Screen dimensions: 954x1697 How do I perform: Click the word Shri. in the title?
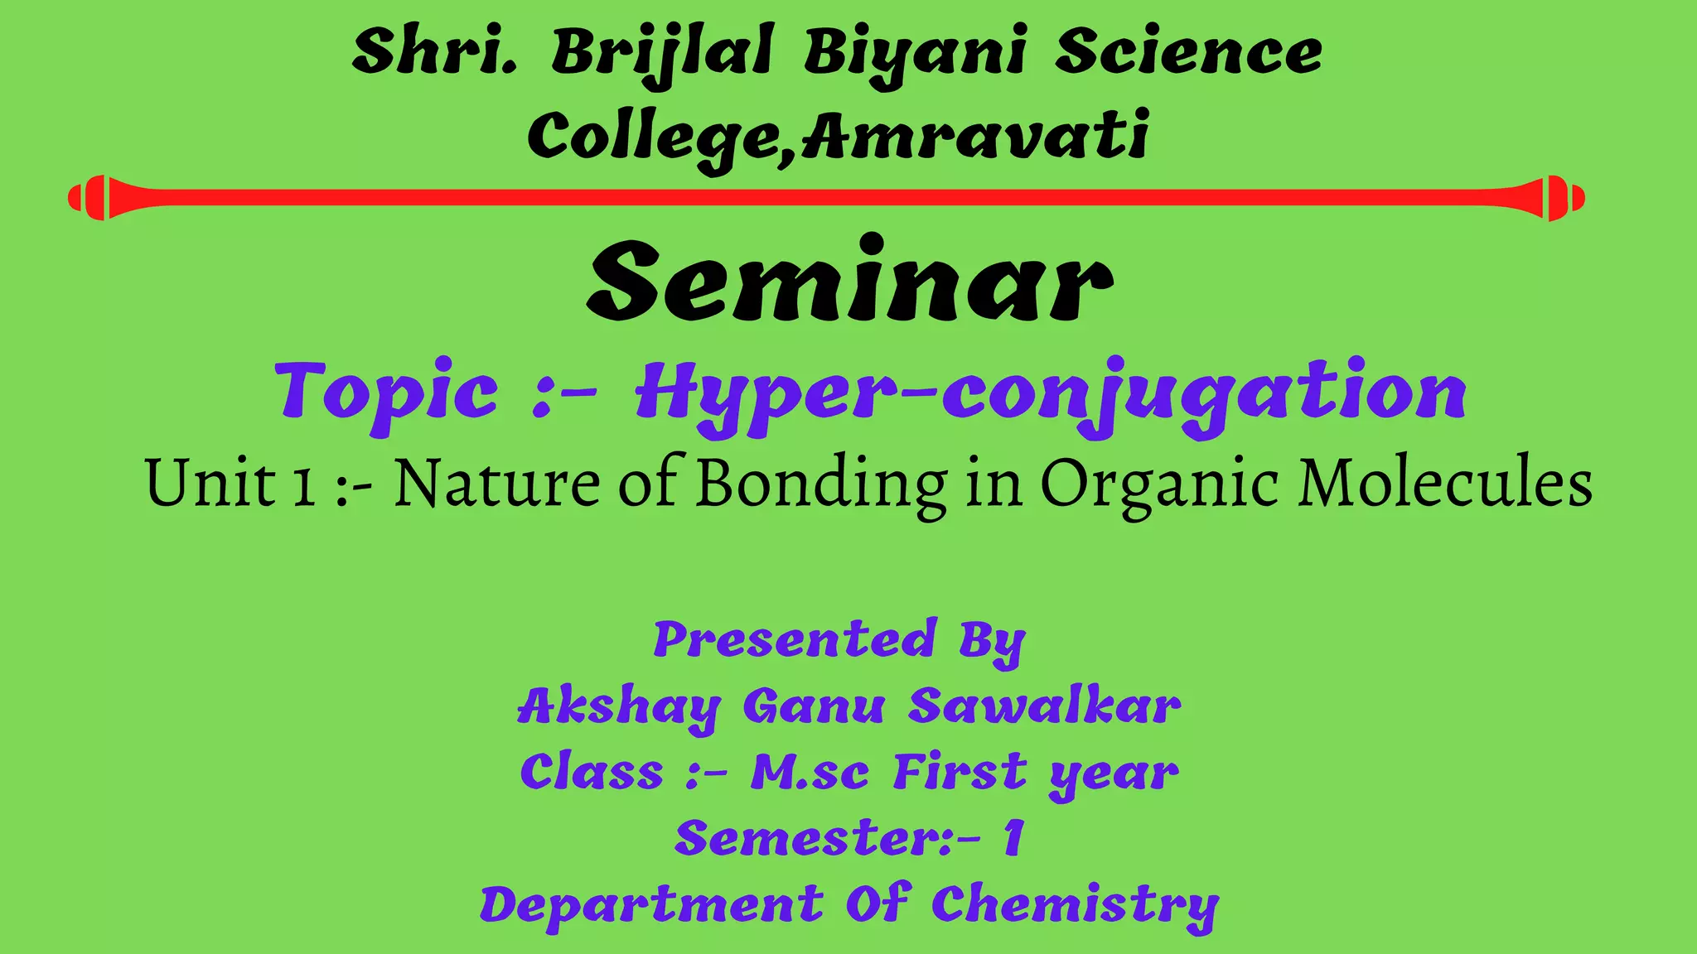point(434,51)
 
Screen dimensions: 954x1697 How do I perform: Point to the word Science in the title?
point(1188,51)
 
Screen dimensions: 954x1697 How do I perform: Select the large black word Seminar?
point(848,282)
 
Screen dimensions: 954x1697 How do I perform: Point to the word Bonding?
point(820,484)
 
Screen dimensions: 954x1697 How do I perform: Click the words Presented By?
point(839,640)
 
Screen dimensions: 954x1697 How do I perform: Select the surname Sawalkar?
point(1044,706)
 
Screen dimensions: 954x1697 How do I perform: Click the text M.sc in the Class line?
point(810,773)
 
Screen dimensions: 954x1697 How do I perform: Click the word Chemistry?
point(1075,905)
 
